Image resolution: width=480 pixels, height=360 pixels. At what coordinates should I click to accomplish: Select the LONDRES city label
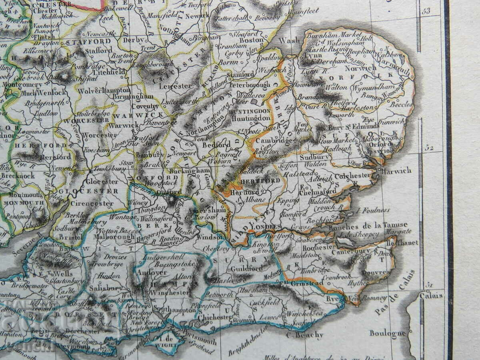tap(266, 227)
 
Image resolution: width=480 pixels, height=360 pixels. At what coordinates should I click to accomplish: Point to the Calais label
tap(431, 296)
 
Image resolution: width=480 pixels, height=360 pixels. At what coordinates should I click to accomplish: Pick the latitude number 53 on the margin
tap(426, 11)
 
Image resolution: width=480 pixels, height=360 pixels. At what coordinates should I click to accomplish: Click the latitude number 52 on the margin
tap(429, 148)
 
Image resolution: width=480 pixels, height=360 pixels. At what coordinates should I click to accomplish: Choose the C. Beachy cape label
tap(304, 335)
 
